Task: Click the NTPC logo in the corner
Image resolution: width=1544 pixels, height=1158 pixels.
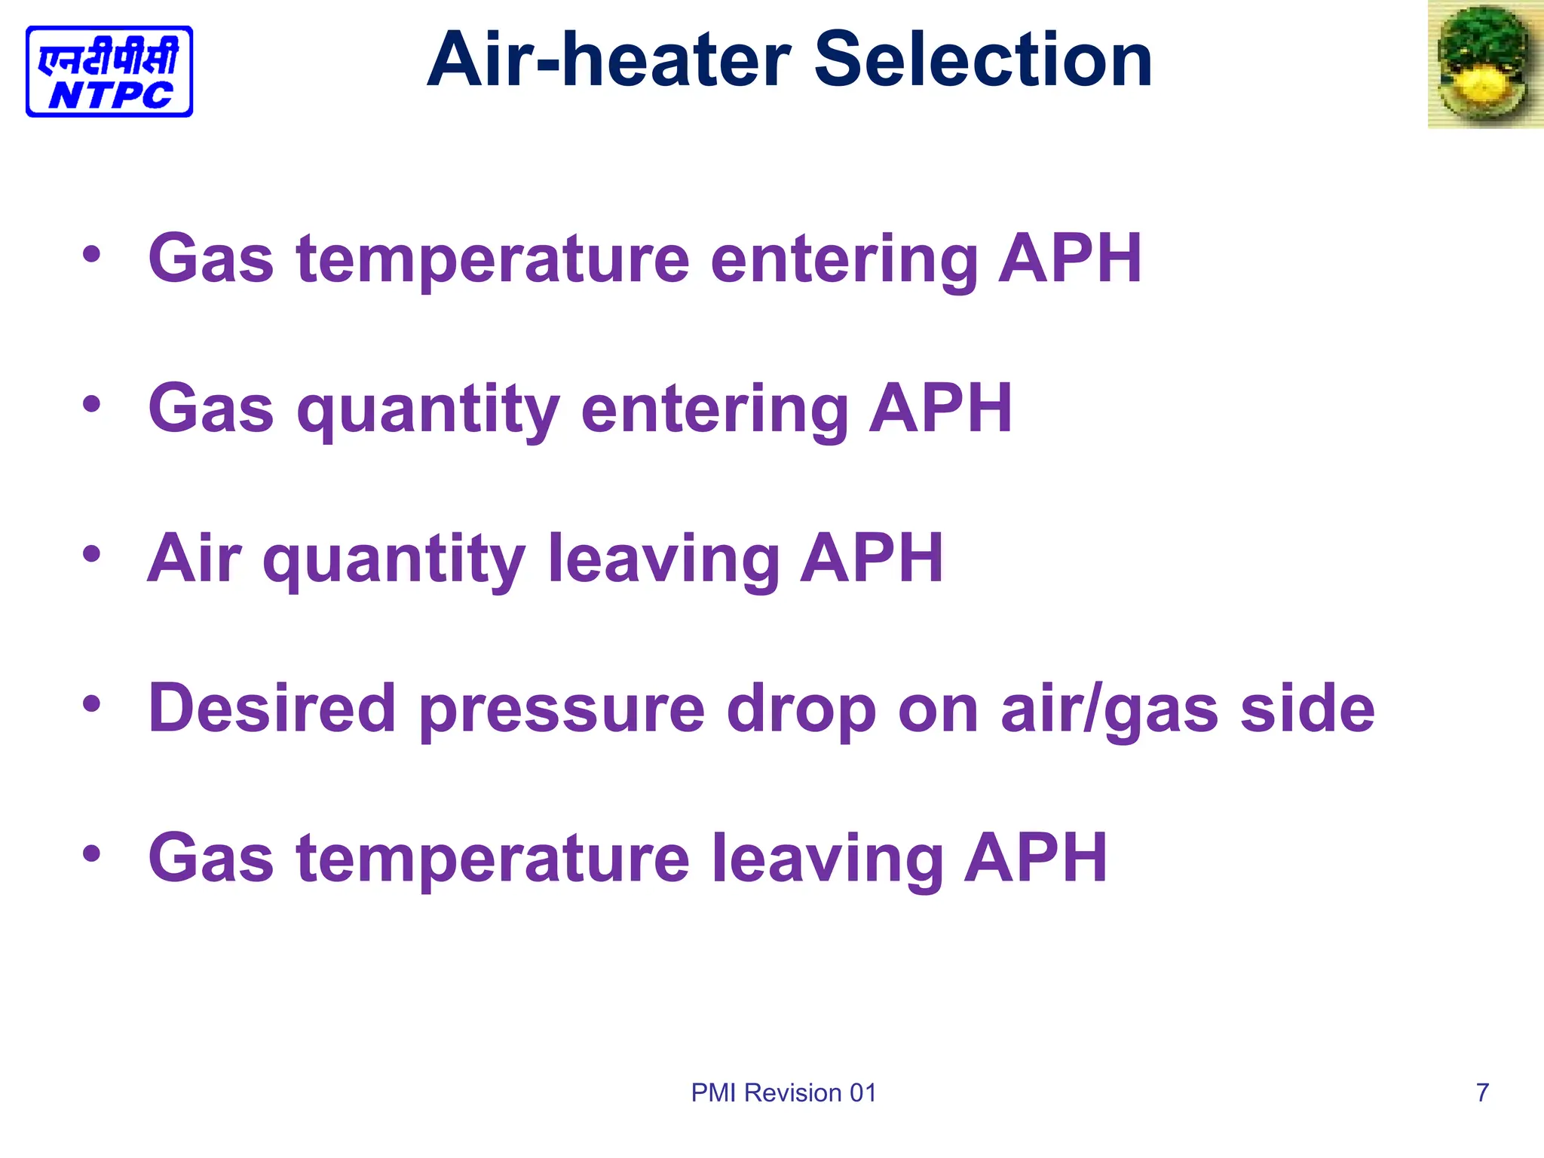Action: pos(109,72)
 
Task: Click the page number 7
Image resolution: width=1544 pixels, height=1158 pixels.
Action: pos(1482,1092)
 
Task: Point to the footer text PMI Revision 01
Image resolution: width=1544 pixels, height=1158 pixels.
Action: pos(784,1093)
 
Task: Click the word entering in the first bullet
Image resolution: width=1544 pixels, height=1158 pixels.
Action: pos(844,260)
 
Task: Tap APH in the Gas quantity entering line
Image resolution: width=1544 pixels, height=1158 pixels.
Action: pos(940,409)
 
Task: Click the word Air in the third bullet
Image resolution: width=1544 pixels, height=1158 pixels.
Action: pos(195,559)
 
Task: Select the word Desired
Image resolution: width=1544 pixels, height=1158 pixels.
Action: pos(272,709)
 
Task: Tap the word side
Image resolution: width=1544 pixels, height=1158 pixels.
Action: pos(1307,709)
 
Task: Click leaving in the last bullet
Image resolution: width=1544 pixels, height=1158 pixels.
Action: pos(827,859)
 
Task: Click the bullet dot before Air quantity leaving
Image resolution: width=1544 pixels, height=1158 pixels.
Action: pos(91,555)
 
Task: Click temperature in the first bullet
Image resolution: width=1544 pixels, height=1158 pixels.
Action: pos(494,260)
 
